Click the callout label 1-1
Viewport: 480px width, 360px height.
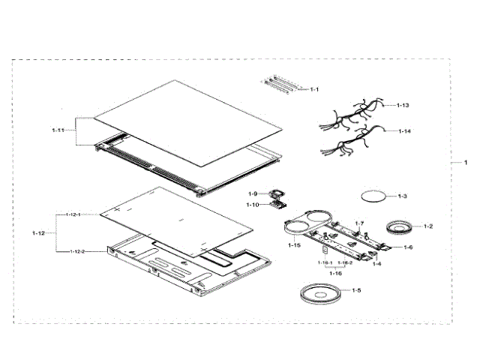point(315,89)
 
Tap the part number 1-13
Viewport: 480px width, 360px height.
point(403,106)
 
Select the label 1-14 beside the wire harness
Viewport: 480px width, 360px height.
point(403,131)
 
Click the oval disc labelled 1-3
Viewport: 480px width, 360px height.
point(373,196)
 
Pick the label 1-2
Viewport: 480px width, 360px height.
point(428,226)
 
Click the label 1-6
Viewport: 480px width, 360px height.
point(408,247)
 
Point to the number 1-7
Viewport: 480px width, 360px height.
point(359,223)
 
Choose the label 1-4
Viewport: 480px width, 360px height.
point(377,264)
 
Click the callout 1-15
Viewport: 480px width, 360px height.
point(294,245)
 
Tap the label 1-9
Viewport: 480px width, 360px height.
point(253,193)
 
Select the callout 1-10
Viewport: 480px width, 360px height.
point(253,204)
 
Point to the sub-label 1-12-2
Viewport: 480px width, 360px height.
point(78,251)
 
